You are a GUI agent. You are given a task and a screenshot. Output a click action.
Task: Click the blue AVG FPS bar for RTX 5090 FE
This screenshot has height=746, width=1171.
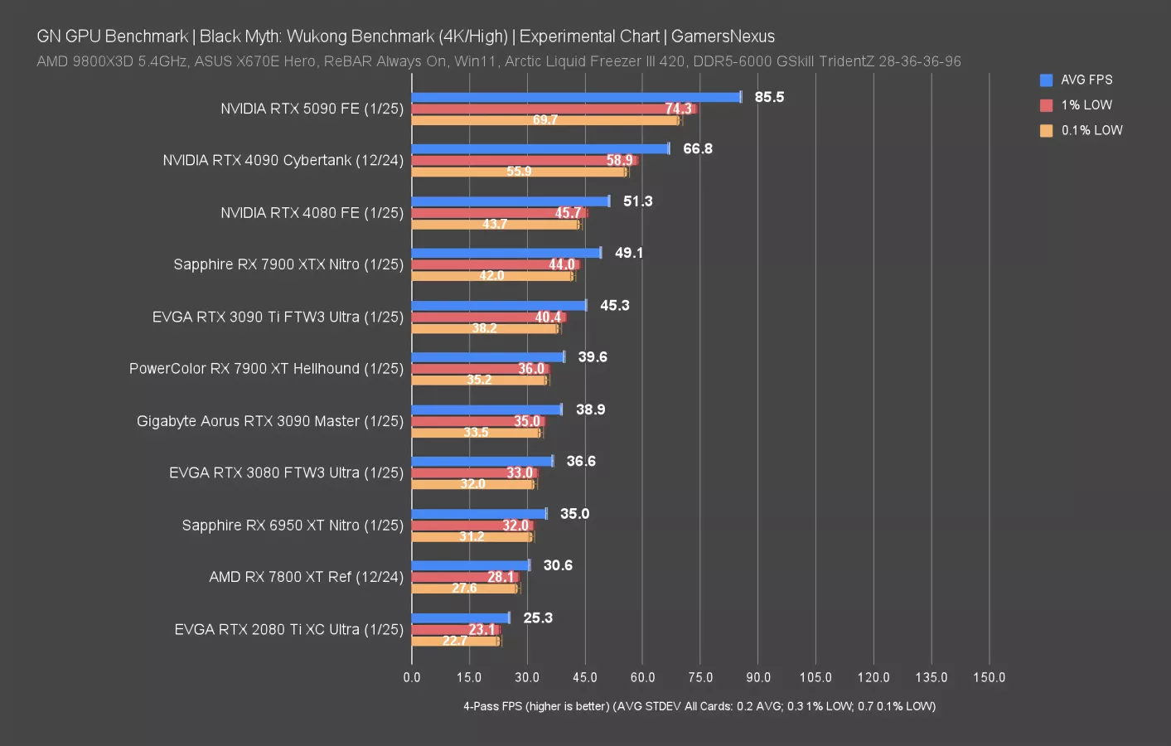[576, 97]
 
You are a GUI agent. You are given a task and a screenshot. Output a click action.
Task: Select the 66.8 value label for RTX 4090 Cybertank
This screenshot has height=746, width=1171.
[697, 149]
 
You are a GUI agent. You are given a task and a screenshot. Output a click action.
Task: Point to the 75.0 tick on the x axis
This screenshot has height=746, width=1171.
[700, 677]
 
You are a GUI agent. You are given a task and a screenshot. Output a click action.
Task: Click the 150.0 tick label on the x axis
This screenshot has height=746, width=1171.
[989, 677]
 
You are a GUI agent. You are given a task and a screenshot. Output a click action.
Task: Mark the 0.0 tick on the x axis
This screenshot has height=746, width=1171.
[412, 677]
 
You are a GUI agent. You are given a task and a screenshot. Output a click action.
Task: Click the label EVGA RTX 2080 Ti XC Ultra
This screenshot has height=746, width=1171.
[288, 630]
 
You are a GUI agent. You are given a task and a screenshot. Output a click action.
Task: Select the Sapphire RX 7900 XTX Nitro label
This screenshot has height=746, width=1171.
[288, 264]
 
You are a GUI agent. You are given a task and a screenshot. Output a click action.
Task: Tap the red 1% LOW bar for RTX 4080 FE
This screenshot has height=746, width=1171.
[499, 213]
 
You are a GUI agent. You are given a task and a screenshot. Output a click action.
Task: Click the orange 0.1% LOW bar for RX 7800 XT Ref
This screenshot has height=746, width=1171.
[464, 589]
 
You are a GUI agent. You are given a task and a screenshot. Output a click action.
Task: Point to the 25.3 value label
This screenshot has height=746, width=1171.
[538, 618]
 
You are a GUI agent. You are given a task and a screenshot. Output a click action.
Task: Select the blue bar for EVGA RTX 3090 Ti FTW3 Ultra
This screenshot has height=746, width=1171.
[499, 305]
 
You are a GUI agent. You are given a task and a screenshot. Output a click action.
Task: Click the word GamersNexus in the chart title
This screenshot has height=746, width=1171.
[723, 36]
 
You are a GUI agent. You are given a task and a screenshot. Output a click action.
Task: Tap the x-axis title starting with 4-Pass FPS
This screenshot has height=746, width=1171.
[699, 706]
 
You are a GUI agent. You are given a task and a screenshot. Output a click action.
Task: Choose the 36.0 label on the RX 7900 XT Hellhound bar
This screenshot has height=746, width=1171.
[531, 369]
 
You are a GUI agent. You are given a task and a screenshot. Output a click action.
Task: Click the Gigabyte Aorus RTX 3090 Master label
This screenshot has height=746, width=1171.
[269, 421]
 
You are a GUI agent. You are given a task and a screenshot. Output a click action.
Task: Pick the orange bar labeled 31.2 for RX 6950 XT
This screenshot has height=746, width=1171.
[472, 537]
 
